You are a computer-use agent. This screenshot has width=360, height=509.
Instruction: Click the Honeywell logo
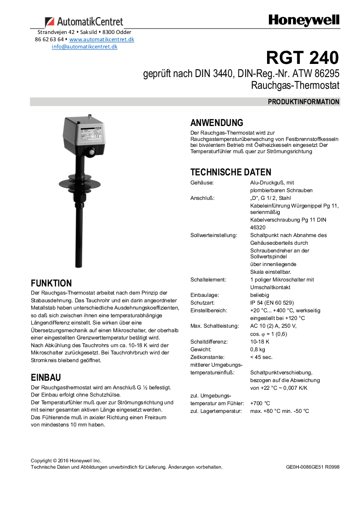coord(303,20)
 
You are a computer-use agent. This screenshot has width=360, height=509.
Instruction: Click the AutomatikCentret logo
coord(84,22)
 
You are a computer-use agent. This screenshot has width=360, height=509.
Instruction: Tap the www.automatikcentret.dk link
coord(102,39)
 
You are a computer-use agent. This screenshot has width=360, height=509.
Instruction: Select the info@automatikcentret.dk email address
coord(84,47)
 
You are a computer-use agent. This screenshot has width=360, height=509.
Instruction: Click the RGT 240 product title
coord(302,58)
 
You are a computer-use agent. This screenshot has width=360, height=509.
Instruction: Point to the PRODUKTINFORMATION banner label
coord(303,102)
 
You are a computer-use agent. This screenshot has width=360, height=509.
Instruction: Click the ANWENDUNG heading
coord(217,123)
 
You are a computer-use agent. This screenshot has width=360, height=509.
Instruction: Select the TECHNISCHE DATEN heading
coord(231,172)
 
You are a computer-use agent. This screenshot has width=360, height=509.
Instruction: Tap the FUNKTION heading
coord(51,283)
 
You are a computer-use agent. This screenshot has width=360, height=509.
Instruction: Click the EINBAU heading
coord(46,378)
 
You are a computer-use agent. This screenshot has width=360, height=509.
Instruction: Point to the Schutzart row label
coord(202,303)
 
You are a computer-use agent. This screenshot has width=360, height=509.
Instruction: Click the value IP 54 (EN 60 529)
coord(272,303)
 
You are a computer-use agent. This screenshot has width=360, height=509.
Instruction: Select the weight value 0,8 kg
coord(258,349)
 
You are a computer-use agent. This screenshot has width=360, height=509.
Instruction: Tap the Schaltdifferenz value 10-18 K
coord(260,342)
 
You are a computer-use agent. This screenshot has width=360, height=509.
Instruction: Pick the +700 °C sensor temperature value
coord(260,403)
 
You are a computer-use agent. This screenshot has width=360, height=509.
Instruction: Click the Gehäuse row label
coord(202,183)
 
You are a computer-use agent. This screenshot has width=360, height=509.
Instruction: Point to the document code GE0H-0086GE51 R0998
coord(312,467)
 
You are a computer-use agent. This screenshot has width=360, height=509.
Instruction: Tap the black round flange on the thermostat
coord(82,181)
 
